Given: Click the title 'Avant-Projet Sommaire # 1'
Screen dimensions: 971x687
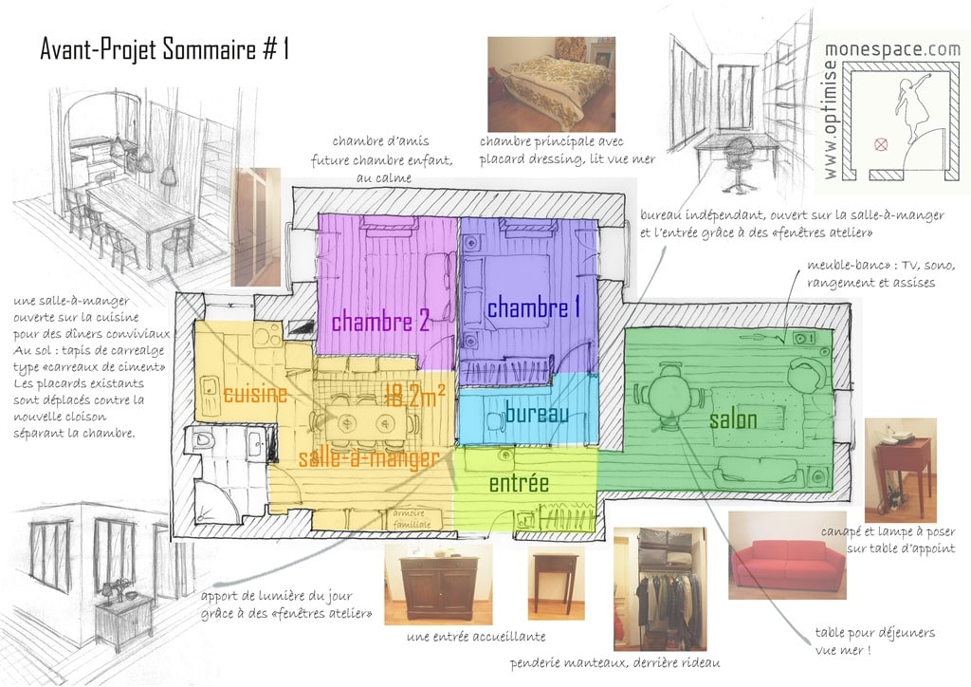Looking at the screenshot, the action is point(165,49).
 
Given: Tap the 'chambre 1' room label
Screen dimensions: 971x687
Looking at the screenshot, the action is point(533,307).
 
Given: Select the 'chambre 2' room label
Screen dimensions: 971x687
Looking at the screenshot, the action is point(380,322).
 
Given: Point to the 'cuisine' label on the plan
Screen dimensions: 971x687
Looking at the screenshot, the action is point(255,394).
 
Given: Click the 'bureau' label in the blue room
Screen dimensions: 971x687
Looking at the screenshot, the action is point(537,413).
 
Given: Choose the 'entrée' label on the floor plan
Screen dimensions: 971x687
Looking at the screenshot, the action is point(519,483).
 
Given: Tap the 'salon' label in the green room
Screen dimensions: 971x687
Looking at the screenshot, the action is point(733,419).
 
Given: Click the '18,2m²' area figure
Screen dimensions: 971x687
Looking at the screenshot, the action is point(414,396).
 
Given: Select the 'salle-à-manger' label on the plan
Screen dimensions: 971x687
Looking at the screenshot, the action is point(369,458).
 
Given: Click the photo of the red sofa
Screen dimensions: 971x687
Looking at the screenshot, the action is point(787,555).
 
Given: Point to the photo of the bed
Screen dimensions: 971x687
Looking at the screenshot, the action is point(551,84).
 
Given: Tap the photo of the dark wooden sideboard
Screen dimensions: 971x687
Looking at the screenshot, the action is point(438,585).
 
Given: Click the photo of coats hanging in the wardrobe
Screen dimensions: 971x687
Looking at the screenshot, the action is point(660,588).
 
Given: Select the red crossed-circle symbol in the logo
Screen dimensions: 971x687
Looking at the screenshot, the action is point(881,145).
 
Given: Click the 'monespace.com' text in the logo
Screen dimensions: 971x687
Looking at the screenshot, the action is point(893,50).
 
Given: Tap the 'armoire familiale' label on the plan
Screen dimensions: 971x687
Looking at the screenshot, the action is point(410,519).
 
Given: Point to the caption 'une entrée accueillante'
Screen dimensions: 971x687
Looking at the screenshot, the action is point(476,637).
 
